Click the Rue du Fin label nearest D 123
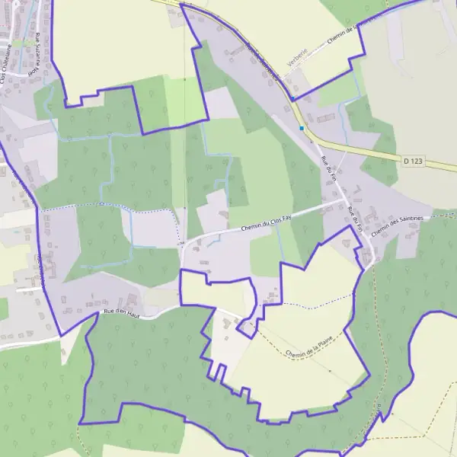(328, 168)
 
